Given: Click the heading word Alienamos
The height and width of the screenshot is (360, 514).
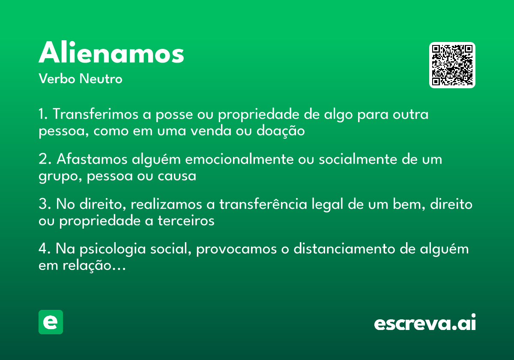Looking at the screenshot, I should [111, 54].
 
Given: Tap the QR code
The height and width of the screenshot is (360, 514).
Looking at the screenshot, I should [452, 65].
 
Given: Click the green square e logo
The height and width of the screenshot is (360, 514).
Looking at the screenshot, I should [51, 322].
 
